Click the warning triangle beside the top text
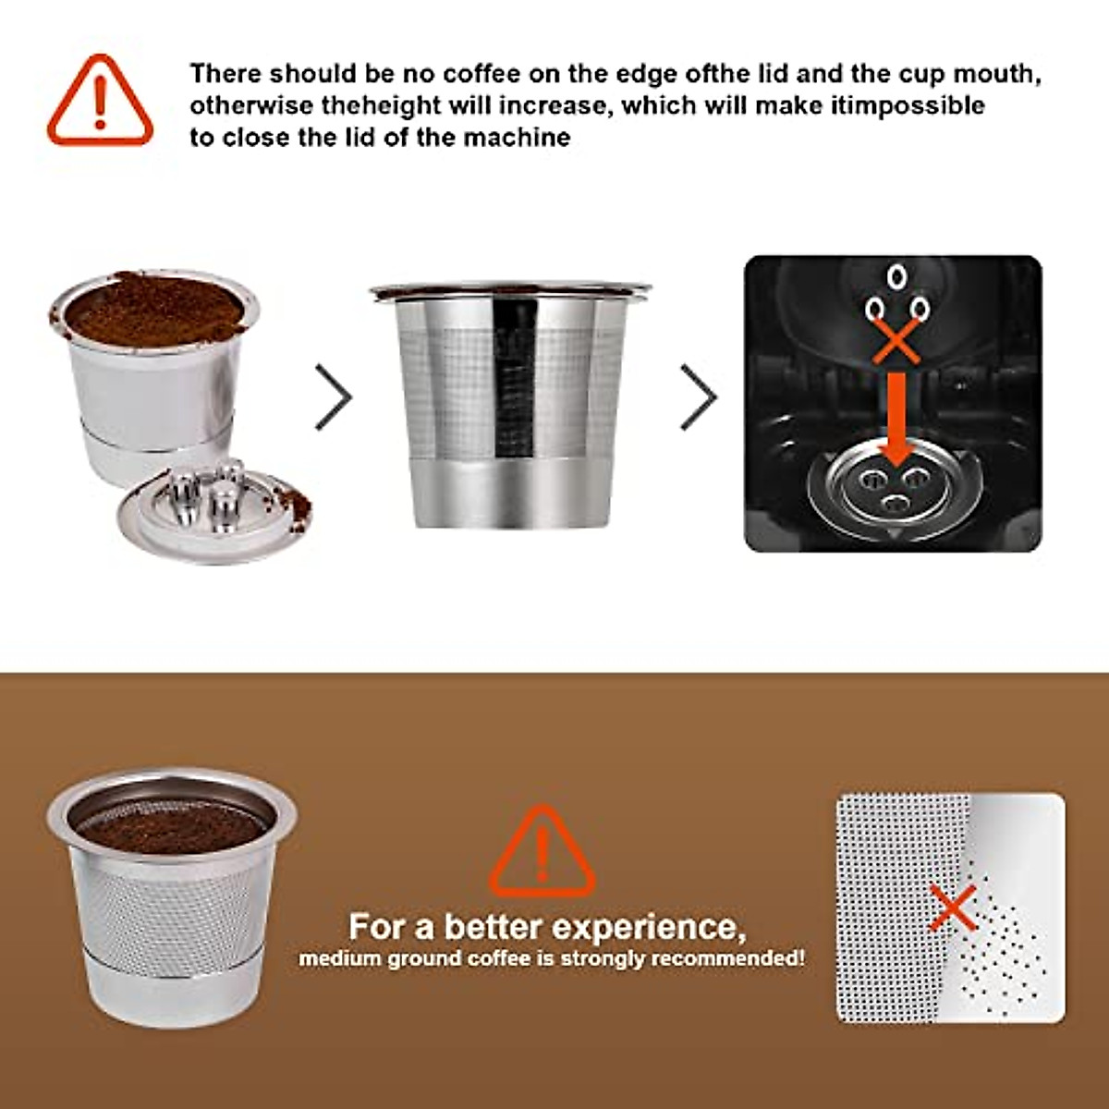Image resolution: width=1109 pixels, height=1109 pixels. [100, 102]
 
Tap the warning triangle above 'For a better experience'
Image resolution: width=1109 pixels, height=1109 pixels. [542, 852]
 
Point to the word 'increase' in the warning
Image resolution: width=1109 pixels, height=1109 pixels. [554, 105]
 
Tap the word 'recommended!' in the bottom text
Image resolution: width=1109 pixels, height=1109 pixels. [729, 958]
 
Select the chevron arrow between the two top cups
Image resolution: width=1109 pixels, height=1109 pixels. [334, 396]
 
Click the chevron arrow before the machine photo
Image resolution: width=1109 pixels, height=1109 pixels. [699, 396]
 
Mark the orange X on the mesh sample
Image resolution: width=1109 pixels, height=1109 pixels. [953, 907]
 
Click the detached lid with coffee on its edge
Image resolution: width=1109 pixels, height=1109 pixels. [214, 515]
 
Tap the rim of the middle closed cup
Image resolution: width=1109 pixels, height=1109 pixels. [509, 291]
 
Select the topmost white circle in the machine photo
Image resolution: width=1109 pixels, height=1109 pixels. [895, 276]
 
